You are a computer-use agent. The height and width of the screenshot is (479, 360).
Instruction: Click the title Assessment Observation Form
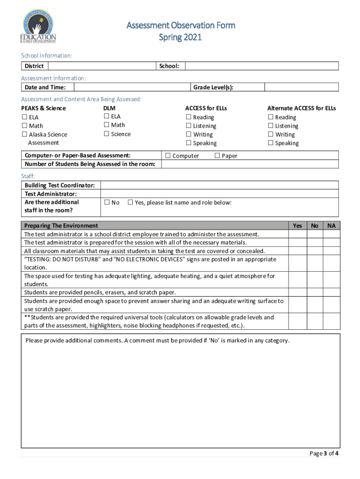[x=180, y=25]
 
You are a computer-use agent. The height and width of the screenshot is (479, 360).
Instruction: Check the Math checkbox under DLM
[x=107, y=125]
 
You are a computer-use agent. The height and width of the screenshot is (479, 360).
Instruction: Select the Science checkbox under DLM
[x=107, y=134]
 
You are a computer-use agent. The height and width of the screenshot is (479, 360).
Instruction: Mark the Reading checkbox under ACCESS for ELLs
[x=188, y=117]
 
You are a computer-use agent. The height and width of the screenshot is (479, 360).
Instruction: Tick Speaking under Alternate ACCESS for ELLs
[x=270, y=143]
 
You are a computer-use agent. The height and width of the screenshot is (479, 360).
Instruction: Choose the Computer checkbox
[x=167, y=155]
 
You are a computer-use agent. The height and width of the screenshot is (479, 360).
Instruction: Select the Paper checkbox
[x=217, y=155]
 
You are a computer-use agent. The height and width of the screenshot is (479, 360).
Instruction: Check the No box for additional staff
[x=107, y=203]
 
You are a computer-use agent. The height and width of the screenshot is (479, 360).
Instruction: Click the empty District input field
[x=101, y=66]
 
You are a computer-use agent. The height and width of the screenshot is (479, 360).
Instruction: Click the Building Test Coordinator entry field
[x=219, y=185]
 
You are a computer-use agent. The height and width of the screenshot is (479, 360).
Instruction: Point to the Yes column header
[x=297, y=225]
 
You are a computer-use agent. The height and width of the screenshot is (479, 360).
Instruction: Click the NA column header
[x=331, y=225]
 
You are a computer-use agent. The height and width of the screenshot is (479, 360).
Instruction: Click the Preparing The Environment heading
[x=61, y=225]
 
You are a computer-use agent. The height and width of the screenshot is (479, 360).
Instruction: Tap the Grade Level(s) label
[x=213, y=87]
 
